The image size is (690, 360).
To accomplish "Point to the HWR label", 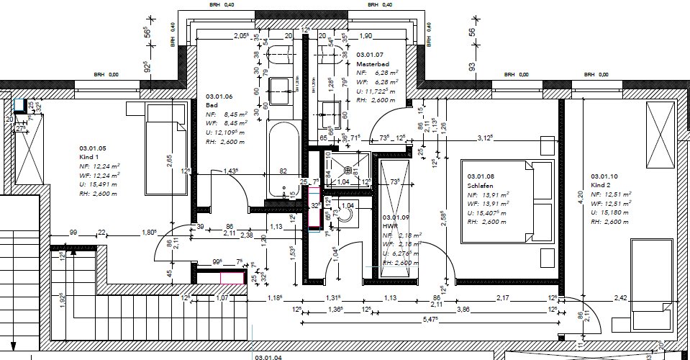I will coord(390,226).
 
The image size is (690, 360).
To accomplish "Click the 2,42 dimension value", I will coord(621,297).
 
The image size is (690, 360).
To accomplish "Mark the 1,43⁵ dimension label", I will coord(230,171).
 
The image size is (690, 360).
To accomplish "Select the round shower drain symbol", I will coord(348,171).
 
